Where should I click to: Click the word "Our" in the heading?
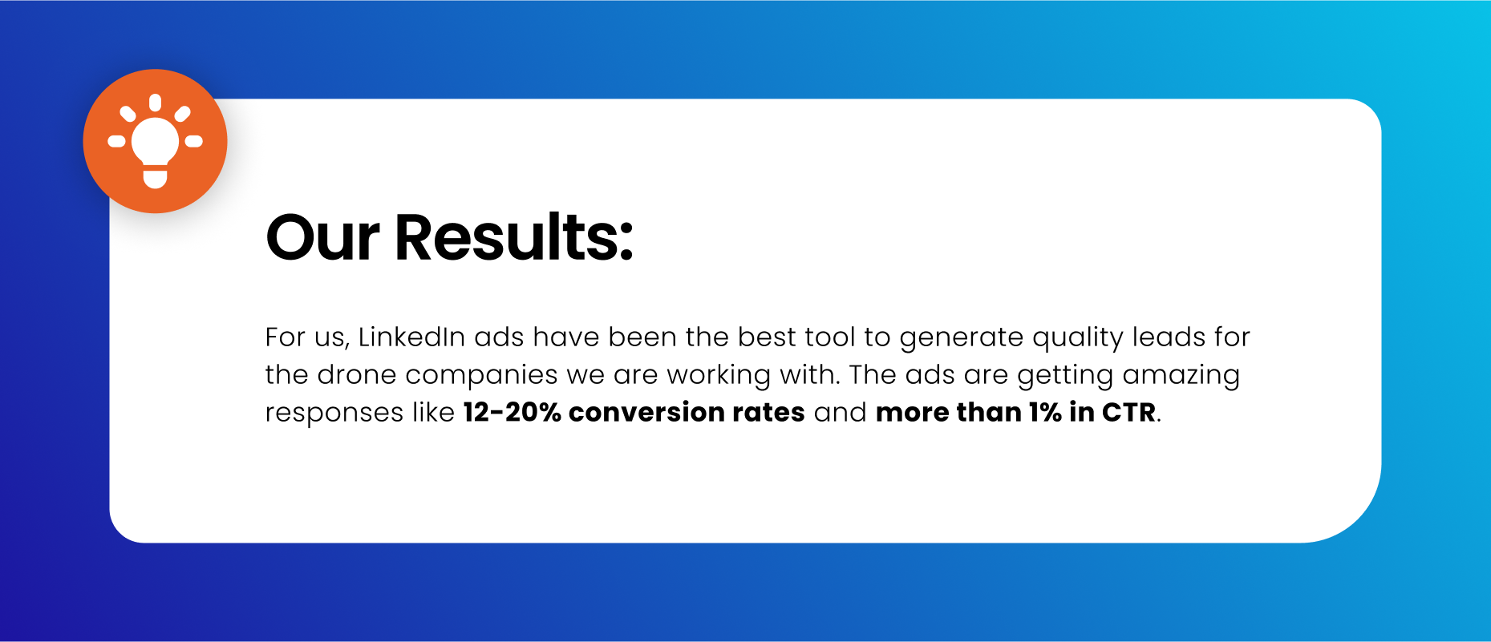(322, 238)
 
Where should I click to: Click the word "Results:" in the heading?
(513, 238)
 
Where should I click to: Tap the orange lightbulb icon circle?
(156, 141)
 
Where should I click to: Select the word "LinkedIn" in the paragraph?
(411, 337)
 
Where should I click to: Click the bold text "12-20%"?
(512, 412)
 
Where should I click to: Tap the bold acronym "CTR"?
(1128, 412)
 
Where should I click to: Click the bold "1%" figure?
(1045, 412)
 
